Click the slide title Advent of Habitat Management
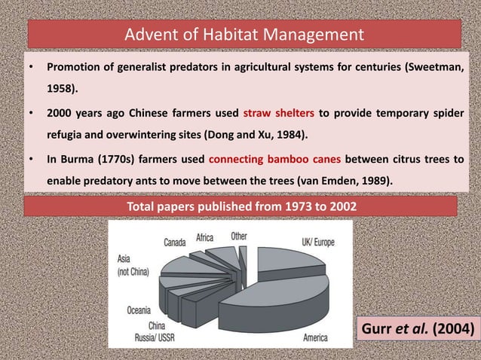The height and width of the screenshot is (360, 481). pos(244,35)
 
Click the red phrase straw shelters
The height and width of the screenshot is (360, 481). pos(278,114)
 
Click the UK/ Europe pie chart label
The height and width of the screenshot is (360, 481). pos(317,243)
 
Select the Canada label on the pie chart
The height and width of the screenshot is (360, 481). pos(176,243)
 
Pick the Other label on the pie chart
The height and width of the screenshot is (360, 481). pos(238,236)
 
